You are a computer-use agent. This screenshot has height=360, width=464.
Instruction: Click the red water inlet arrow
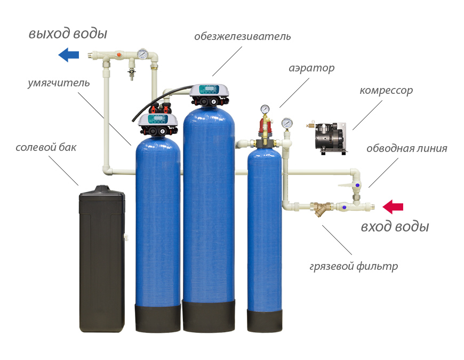point(393,206)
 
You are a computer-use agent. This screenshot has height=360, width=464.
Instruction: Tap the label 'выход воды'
point(68,34)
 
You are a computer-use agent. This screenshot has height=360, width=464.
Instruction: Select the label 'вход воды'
point(395,227)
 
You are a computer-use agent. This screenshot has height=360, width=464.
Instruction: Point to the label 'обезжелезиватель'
point(242,36)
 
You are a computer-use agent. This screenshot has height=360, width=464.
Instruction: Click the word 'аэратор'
point(311,68)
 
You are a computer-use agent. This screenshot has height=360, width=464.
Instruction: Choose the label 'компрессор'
point(386,90)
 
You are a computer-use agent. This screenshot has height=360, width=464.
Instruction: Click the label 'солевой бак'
point(46,147)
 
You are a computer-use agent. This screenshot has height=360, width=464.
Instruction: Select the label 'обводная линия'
point(406,148)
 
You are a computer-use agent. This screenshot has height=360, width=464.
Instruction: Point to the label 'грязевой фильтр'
point(354,266)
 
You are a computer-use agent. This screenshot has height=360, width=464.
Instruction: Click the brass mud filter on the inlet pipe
point(319,207)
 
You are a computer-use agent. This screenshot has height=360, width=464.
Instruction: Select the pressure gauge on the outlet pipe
point(143,54)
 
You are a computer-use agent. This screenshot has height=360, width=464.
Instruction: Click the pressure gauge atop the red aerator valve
point(265,109)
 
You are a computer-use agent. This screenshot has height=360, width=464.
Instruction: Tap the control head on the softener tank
point(158,124)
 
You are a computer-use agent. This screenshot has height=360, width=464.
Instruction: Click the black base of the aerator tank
point(264,320)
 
